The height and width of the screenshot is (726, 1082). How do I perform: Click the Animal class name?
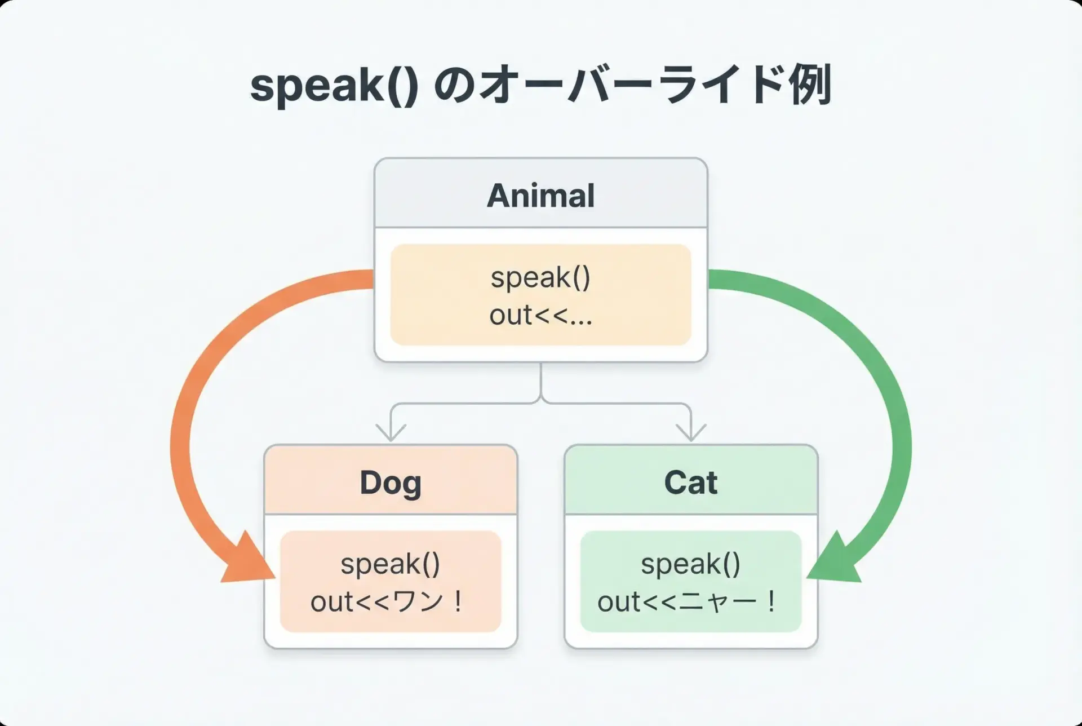(540, 196)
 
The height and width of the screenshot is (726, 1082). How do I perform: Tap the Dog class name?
(391, 484)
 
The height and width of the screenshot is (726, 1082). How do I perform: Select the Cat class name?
(691, 482)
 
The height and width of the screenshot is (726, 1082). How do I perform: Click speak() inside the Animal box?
(540, 278)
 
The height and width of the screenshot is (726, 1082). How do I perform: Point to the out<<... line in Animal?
(540, 315)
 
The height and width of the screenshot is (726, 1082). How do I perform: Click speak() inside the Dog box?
(390, 564)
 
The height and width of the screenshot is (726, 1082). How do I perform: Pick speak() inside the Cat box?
(690, 564)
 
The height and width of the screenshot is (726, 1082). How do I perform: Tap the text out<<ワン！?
(388, 601)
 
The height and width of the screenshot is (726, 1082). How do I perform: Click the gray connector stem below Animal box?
(541, 382)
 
